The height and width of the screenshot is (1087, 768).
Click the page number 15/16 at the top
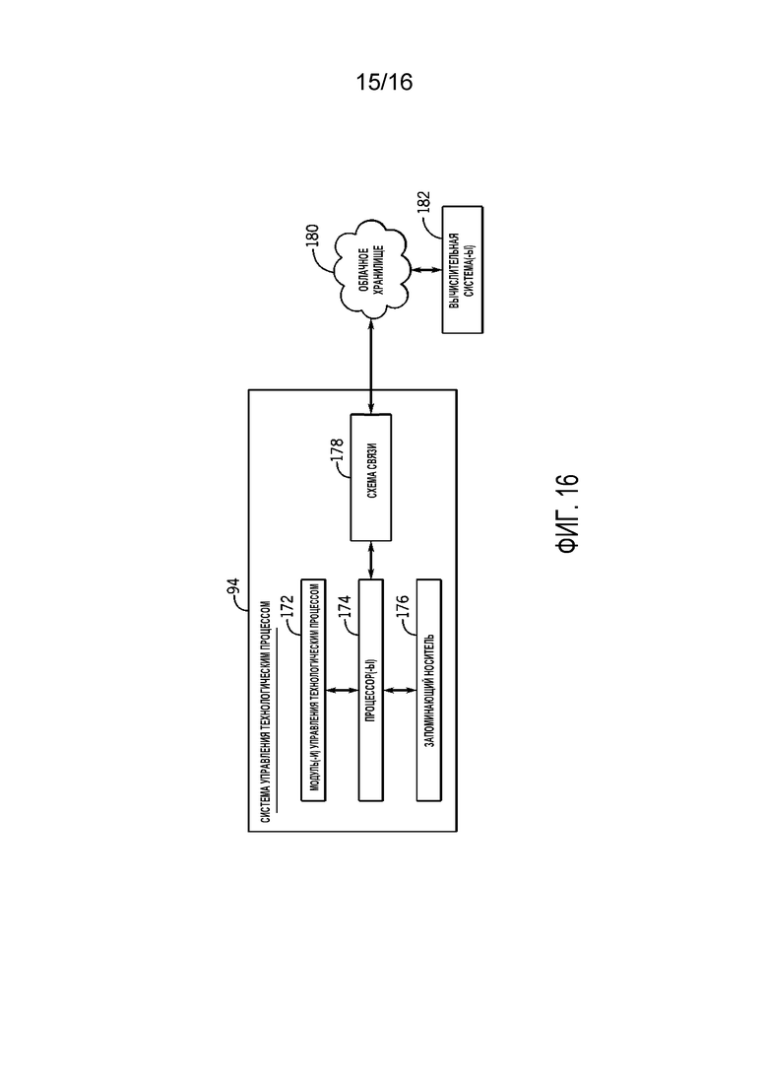click(384, 82)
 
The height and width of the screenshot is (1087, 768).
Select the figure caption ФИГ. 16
click(567, 513)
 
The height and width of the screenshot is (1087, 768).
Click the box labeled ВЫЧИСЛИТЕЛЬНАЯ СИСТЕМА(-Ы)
click(463, 270)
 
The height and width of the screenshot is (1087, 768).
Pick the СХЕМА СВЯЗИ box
click(371, 478)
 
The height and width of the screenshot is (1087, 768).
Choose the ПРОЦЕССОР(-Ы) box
click(370, 690)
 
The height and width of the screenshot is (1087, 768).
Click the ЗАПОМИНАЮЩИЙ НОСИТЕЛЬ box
click(428, 690)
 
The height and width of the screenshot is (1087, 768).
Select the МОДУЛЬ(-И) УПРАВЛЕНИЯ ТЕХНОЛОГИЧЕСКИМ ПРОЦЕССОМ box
click(313, 690)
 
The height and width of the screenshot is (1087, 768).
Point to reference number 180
click(312, 236)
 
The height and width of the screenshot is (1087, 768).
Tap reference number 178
click(338, 450)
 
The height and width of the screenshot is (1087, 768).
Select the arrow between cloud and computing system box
click(425, 270)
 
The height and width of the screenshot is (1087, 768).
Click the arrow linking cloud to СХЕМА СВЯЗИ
click(371, 366)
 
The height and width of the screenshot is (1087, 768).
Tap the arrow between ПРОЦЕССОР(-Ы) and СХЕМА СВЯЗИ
click(371, 560)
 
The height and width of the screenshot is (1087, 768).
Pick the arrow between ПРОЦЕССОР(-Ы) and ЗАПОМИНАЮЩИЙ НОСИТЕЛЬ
click(400, 690)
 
